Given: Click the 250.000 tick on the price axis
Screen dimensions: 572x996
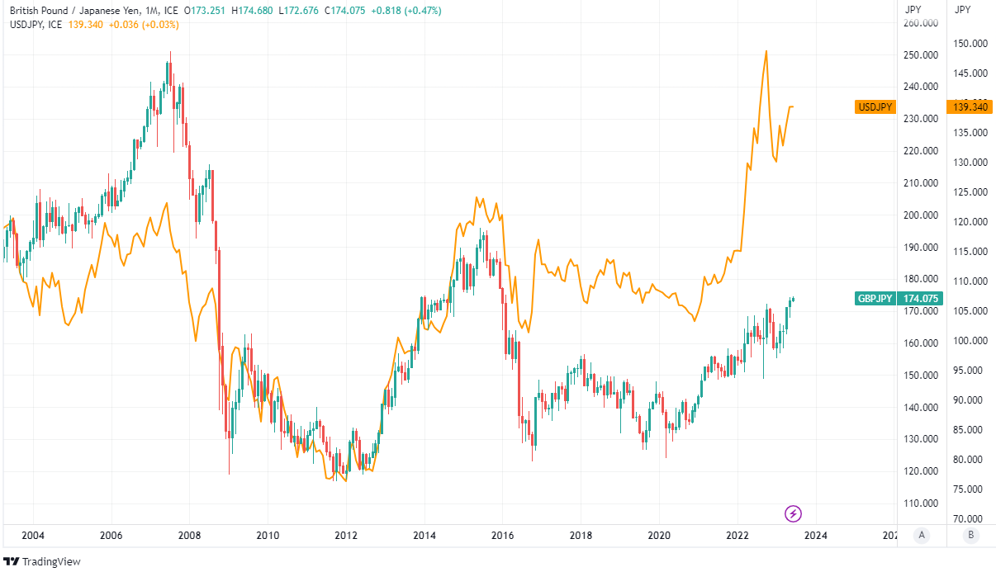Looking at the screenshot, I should pyautogui.click(x=922, y=55).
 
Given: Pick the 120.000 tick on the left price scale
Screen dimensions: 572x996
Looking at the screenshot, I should pyautogui.click(x=922, y=471).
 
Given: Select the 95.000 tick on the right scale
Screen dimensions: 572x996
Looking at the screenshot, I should pyautogui.click(x=969, y=371).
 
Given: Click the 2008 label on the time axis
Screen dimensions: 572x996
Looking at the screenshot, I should pyautogui.click(x=189, y=536).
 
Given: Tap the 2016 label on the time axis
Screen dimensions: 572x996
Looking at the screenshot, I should pyautogui.click(x=502, y=536).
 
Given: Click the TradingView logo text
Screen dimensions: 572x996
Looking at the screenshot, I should pyautogui.click(x=51, y=562).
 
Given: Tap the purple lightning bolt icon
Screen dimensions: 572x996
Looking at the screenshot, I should pyautogui.click(x=793, y=514).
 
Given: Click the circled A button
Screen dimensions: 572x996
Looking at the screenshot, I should pyautogui.click(x=921, y=535).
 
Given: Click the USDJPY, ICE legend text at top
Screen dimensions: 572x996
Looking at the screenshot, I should pyautogui.click(x=36, y=25).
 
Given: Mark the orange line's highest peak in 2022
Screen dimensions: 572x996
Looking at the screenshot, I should pyautogui.click(x=766, y=51).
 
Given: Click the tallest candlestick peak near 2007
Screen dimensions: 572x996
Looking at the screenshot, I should pyautogui.click(x=169, y=53).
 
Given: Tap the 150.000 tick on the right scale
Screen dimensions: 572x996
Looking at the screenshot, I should pyautogui.click(x=969, y=44).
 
